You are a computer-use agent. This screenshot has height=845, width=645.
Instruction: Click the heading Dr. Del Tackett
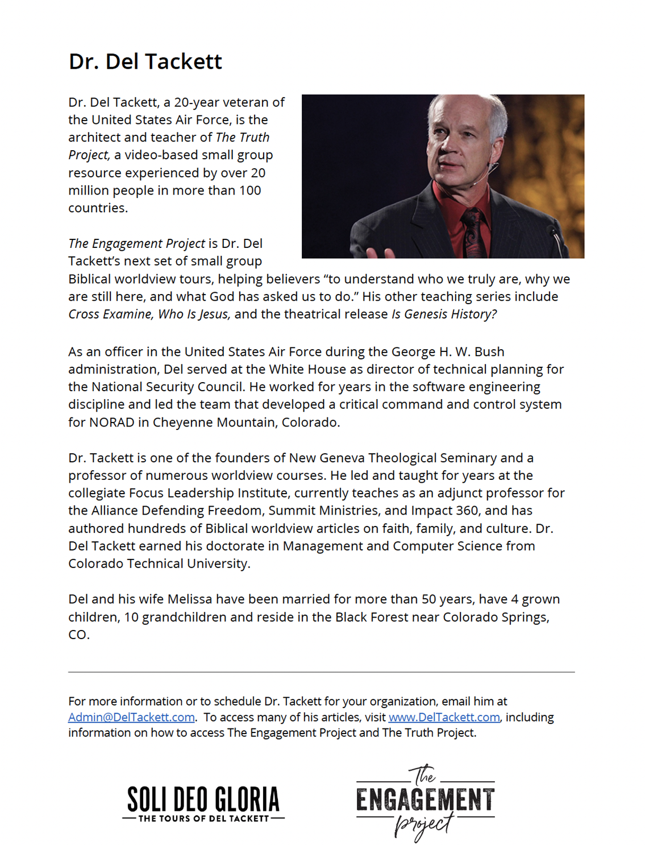145,61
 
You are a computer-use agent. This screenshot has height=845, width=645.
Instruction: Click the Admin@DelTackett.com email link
131,717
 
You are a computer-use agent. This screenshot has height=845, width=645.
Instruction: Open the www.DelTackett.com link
444,717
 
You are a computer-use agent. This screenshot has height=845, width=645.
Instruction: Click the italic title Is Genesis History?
444,314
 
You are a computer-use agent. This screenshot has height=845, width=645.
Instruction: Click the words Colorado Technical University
159,564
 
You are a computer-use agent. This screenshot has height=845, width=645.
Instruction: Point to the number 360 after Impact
467,511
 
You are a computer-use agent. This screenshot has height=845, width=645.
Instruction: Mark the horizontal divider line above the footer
321,672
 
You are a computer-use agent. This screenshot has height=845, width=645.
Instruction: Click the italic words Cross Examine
110,314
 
